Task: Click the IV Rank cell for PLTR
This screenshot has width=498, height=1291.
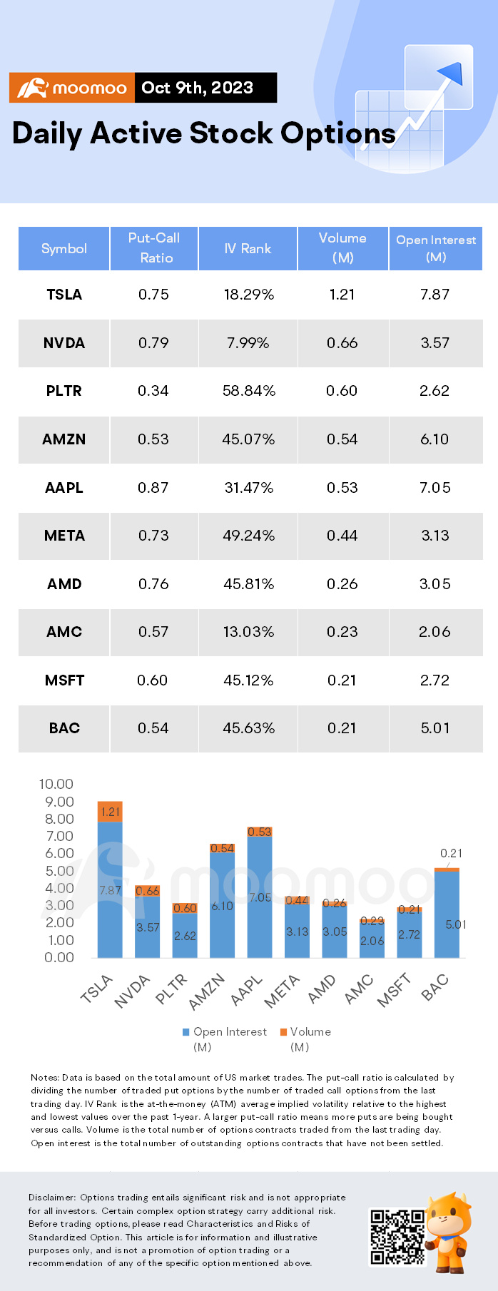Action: click(x=249, y=391)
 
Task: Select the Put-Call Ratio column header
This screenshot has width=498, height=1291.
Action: click(x=154, y=248)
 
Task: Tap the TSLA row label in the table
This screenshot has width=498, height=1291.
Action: click(x=64, y=295)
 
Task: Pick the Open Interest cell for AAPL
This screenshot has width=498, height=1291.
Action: click(x=435, y=488)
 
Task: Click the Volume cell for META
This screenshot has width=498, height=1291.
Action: click(x=342, y=536)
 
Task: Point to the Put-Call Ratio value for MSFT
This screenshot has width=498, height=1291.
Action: click(x=153, y=680)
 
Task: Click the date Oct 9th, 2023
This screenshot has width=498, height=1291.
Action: click(x=198, y=88)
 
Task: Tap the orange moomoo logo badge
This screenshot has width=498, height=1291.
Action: click(x=72, y=88)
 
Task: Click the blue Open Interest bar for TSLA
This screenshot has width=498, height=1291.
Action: click(x=110, y=889)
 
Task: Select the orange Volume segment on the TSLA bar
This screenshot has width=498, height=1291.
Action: click(x=110, y=812)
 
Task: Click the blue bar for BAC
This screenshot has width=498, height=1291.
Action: click(x=447, y=914)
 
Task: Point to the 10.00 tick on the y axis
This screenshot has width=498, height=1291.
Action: click(x=56, y=784)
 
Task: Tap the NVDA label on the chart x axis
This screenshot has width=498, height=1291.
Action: click(x=133, y=991)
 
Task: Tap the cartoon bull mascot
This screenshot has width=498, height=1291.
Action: click(x=450, y=1233)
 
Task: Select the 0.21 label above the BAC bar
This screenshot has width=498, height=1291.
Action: click(x=451, y=853)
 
